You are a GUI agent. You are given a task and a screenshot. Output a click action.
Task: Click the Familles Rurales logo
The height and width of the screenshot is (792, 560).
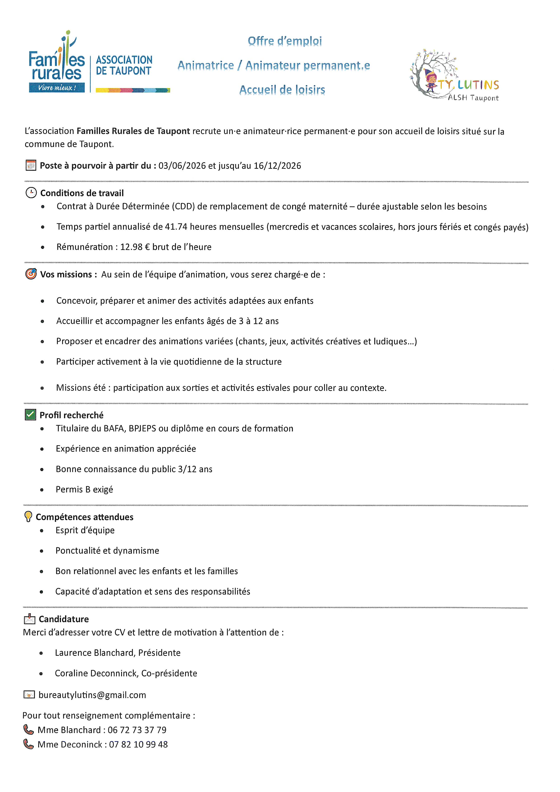point(57,64)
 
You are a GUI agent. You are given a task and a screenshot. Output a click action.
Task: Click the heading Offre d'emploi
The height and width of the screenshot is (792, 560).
point(285,41)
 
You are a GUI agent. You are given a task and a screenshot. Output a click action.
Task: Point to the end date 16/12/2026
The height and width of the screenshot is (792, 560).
point(277,166)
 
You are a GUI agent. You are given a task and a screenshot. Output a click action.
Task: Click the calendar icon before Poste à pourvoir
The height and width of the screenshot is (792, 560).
point(31,165)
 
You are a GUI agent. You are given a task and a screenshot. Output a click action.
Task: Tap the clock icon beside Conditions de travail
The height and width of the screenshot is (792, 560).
point(31,193)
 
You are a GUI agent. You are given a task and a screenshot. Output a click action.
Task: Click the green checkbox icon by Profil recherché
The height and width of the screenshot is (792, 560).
point(30,415)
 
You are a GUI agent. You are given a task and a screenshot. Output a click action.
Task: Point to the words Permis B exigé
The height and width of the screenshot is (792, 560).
point(84,489)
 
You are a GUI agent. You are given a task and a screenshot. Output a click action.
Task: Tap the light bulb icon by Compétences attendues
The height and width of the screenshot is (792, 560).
point(28,516)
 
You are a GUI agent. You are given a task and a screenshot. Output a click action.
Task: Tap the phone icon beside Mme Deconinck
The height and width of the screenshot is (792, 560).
point(28,744)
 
